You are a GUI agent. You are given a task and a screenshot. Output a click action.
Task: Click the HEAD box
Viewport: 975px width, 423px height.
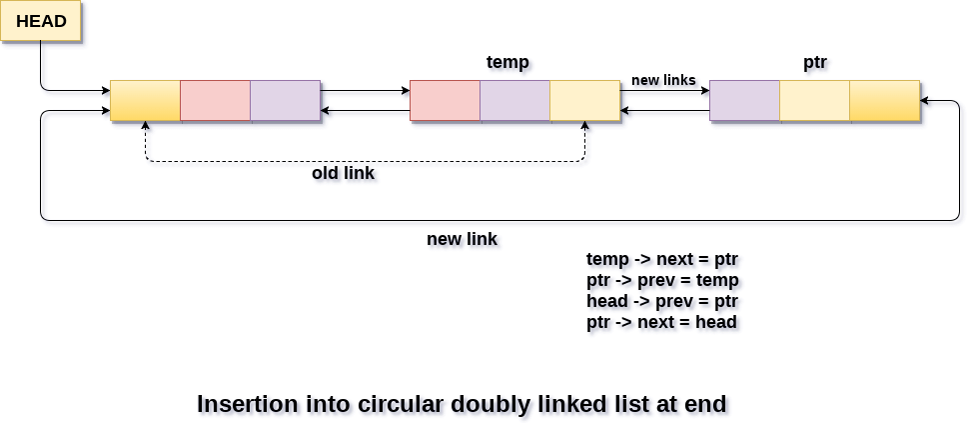coord(41,21)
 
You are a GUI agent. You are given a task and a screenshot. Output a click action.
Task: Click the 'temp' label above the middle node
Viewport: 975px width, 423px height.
coord(507,62)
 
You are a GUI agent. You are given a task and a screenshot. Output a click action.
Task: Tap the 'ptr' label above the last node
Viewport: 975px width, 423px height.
coord(815,62)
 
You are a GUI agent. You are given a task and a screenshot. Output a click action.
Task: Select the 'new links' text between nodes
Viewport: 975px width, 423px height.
coord(663,80)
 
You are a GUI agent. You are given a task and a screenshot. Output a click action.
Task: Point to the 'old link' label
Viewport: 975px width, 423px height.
coord(343,173)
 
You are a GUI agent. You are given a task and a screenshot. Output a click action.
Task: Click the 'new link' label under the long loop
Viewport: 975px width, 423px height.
coord(462,239)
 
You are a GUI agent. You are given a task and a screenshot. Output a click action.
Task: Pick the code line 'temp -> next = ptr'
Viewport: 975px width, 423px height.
coord(662,259)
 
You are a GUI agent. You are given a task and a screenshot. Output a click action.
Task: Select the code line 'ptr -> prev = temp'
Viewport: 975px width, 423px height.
coord(662,280)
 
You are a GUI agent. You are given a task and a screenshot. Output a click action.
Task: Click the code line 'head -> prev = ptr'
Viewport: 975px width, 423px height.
coord(662,301)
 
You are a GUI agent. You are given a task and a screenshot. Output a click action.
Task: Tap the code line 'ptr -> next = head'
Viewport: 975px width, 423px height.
coord(661,322)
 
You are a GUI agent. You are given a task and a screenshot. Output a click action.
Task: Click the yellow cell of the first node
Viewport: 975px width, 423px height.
coord(145,101)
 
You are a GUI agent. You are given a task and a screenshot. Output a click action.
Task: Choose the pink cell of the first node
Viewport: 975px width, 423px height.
coord(215,101)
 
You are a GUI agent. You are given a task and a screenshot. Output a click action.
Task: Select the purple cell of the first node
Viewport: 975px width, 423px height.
coord(285,101)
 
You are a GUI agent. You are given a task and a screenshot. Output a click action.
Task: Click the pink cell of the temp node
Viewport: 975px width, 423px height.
coord(445,101)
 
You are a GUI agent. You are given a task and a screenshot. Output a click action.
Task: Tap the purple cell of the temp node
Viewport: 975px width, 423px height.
coord(514,101)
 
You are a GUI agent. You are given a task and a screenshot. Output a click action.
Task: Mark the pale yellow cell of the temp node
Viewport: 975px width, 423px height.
coord(584,101)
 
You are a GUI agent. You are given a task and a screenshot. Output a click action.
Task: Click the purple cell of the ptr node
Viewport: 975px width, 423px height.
coord(744,101)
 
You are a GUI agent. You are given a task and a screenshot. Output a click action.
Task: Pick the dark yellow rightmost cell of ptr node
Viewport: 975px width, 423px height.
coord(884,101)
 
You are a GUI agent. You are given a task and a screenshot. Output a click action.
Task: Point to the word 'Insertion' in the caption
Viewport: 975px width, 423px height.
coord(247,404)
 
